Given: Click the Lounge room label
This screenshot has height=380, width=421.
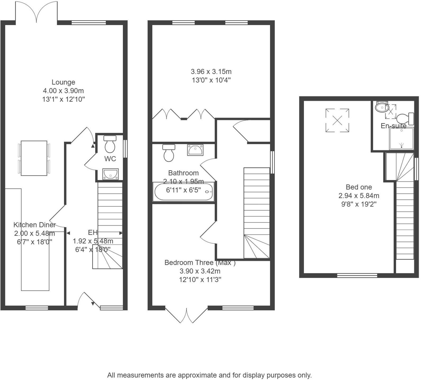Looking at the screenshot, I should (x=63, y=82).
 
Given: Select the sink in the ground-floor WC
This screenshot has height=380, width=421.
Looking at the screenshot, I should (x=110, y=174).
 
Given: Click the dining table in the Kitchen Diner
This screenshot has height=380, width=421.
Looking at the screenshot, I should (x=34, y=158).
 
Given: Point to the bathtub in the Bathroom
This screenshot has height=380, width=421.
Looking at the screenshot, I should (x=184, y=192).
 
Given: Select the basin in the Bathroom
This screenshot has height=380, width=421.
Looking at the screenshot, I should (x=195, y=150).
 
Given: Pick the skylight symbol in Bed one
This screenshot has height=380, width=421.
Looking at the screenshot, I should (x=337, y=120).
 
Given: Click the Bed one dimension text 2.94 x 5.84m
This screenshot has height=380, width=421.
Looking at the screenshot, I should (x=359, y=196).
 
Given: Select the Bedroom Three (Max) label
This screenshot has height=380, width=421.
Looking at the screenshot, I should (x=200, y=262).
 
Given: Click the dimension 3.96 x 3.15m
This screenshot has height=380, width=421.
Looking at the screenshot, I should (x=211, y=71).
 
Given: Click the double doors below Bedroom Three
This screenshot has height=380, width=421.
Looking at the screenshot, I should (x=186, y=315).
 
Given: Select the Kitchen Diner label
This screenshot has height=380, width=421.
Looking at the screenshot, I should (x=34, y=225).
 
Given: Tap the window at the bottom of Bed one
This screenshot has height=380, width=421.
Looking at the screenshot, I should (x=357, y=275).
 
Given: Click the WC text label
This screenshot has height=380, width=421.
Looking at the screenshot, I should (x=110, y=159).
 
